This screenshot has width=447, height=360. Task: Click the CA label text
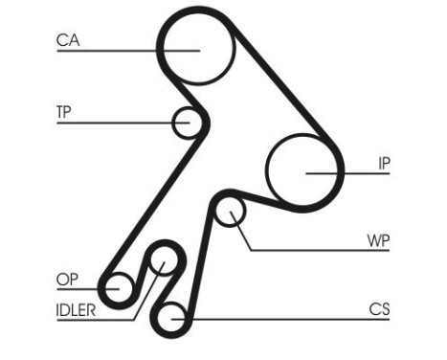click(68, 39)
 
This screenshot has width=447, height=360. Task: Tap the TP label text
click(63, 110)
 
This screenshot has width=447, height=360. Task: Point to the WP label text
click(379, 238)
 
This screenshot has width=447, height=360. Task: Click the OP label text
click(66, 279)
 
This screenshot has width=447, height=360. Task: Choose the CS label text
click(379, 308)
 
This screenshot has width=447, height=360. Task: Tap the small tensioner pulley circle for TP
click(188, 122)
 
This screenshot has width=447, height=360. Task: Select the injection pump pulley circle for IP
click(303, 170)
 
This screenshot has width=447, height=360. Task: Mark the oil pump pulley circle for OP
click(119, 285)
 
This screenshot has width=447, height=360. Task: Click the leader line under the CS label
click(287, 319)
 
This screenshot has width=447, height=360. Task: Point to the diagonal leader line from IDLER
click(145, 293)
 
